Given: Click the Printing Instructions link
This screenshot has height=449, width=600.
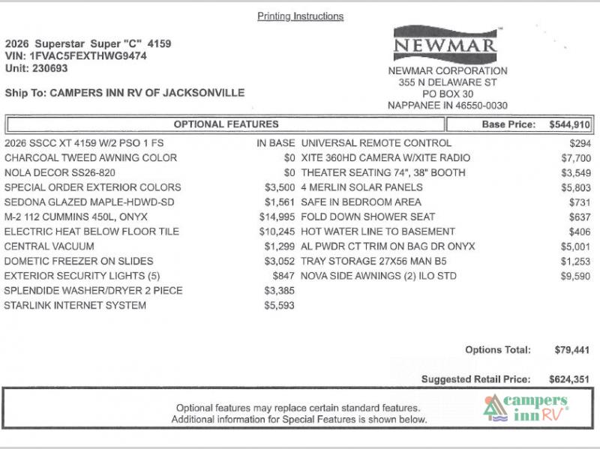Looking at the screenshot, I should point(300,16).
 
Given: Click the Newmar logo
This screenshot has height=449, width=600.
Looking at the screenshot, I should point(445,45).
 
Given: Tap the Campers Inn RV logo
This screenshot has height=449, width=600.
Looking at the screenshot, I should point(524,409).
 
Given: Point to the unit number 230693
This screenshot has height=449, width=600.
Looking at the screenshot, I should point(49,68).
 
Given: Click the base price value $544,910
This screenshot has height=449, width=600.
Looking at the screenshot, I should point(569,124).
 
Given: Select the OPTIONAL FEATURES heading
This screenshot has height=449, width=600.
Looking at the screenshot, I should point(226,124).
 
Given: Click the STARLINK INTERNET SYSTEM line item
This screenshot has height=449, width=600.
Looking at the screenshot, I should point(75,306).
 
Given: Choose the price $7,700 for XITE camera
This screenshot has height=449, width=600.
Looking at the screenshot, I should point(575,158).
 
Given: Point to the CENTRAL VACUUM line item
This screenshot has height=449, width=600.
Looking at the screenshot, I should point(49,247).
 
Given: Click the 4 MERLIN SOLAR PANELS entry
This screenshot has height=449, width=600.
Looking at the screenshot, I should point(361,187).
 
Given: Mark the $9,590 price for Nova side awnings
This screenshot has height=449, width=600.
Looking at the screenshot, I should point(575,276).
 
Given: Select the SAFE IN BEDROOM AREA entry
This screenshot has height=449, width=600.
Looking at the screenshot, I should point(361,202).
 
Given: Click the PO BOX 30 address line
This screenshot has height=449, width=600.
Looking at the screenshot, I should point(448,94).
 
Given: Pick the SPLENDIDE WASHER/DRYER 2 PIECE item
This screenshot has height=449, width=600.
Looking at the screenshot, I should point(93,291).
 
